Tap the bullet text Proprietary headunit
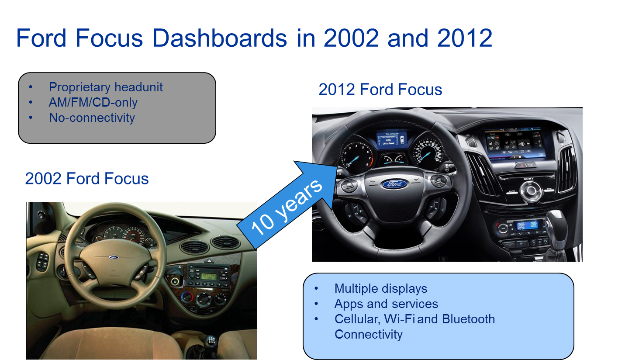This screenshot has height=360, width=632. coord(106,87)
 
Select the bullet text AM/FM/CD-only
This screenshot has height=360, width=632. coord(93,102)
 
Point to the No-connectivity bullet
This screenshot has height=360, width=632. coord(92,118)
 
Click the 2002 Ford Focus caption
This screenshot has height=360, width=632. coord(87,179)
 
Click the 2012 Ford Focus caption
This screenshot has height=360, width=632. coord(380,90)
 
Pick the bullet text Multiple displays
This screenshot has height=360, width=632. coord(380,288)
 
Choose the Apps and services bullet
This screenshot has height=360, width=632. coord(386,304)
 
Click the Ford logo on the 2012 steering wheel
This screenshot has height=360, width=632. coord(394,184)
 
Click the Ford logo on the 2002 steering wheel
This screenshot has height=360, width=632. coord(114,257)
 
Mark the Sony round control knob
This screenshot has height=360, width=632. coord(530,190)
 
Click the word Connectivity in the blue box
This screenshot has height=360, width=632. coord(368,335)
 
